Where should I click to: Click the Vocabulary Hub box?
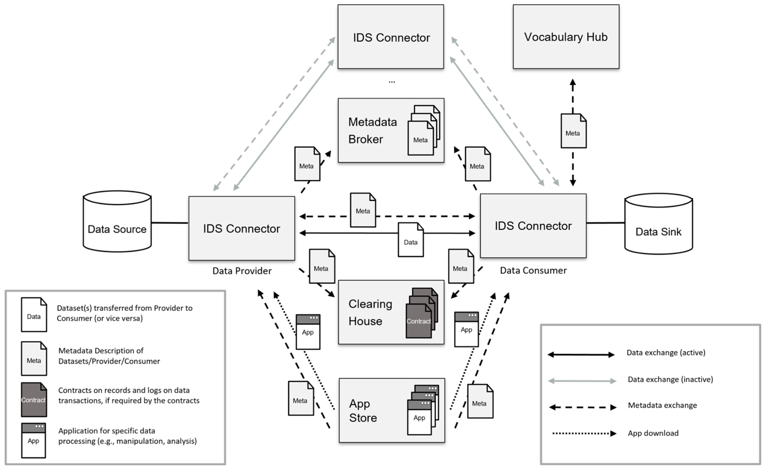566,37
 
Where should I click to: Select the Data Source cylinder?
117,221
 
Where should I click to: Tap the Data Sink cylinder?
658,224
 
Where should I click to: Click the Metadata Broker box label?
372,131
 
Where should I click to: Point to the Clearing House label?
370,312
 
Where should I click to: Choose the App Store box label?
362,410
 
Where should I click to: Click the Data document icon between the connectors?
411,240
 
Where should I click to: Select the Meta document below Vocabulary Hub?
573,131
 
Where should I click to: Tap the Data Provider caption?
242,271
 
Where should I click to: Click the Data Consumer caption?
533,271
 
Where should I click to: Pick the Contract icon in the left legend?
34,400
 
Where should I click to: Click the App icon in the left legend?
34,440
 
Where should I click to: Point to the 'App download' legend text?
653,433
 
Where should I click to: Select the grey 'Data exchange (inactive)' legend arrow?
582,381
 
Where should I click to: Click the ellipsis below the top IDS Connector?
392,82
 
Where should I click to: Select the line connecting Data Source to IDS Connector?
170,223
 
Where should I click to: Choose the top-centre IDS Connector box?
391,37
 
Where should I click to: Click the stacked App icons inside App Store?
422,410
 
